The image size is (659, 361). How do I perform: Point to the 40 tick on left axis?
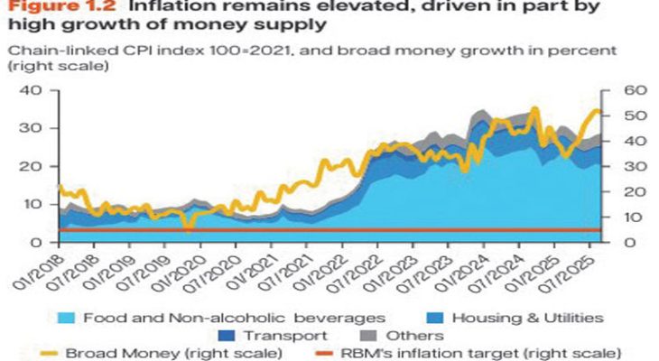32,90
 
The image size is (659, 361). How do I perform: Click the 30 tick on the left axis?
32,128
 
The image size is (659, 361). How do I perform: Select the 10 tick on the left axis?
32,204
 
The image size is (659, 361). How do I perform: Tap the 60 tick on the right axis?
624,90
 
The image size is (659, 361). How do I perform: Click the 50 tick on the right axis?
624,116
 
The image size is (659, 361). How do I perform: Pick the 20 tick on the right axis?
624,191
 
